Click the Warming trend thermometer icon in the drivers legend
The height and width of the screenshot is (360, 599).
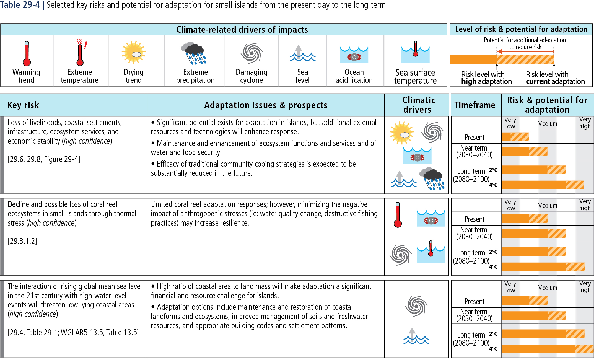click(x=27, y=54)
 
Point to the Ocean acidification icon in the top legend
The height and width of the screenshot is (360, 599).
click(x=354, y=55)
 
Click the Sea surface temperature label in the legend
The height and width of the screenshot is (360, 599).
click(x=415, y=77)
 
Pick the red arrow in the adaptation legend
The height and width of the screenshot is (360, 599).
click(x=525, y=51)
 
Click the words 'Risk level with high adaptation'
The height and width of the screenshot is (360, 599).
click(x=486, y=78)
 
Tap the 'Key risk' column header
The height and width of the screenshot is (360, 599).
click(x=23, y=105)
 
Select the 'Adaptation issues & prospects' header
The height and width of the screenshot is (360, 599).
click(x=266, y=105)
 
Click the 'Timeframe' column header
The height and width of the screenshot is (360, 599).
click(x=475, y=105)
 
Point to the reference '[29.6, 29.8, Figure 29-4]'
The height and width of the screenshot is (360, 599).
click(x=44, y=159)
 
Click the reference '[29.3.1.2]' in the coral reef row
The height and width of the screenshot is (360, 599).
click(x=22, y=241)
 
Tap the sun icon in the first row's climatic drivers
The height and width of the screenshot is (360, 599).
click(x=402, y=133)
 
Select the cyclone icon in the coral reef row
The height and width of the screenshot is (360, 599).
click(x=400, y=255)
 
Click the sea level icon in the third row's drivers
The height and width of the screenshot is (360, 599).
click(x=416, y=336)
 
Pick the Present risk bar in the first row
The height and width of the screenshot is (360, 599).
click(x=515, y=137)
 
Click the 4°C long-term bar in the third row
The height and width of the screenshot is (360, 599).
click(x=547, y=349)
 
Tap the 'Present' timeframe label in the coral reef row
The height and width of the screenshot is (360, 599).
click(x=474, y=219)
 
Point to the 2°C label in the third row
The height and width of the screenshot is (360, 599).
click(x=493, y=334)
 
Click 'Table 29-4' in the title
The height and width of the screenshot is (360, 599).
click(x=20, y=5)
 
